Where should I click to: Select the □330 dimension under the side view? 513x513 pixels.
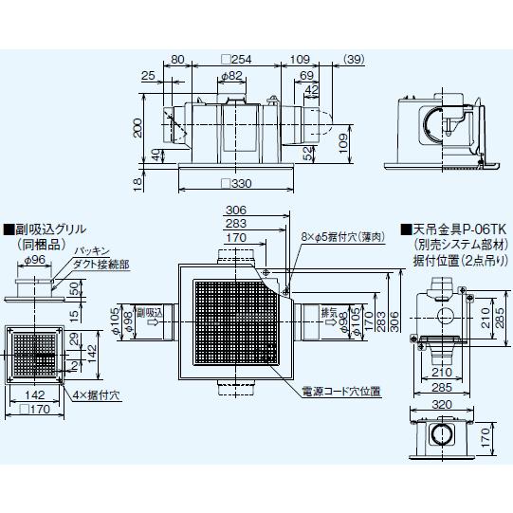pos(238,183)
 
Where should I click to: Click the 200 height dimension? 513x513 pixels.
pos(137,129)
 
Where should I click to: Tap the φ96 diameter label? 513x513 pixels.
pos(35,260)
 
